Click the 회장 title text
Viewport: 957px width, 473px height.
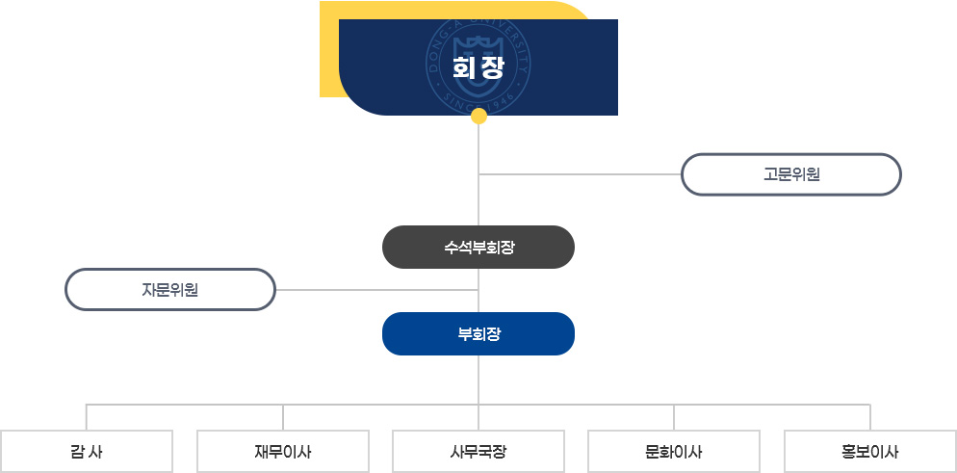click(x=478, y=68)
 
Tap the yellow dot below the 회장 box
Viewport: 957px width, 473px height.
click(x=478, y=117)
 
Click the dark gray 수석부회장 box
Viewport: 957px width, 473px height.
click(x=478, y=247)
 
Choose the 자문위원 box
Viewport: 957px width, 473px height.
click(x=170, y=289)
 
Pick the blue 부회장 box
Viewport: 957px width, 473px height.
click(x=478, y=333)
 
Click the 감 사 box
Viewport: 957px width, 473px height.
click(x=87, y=451)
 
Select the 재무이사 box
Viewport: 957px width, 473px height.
click(x=283, y=451)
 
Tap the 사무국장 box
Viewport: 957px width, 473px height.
click(x=478, y=451)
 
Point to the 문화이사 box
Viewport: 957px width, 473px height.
click(x=674, y=451)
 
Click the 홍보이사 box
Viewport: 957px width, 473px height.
click(x=870, y=451)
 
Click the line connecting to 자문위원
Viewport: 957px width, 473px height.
click(x=376, y=289)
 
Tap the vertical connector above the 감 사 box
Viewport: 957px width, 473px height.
click(x=87, y=417)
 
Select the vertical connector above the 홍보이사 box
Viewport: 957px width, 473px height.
click(x=870, y=417)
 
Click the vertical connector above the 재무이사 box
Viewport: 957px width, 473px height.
click(x=283, y=417)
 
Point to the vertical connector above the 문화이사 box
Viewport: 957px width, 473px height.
click(x=674, y=417)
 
